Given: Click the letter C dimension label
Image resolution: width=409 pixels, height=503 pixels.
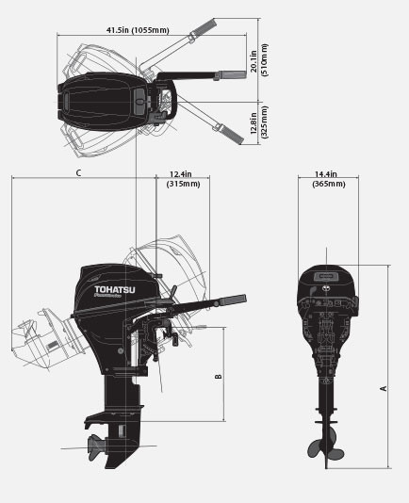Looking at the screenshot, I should pyautogui.click(x=79, y=172).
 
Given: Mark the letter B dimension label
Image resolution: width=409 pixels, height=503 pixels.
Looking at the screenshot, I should pyautogui.click(x=218, y=377).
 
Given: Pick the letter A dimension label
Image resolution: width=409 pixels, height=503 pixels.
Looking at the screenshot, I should pyautogui.click(x=383, y=387).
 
